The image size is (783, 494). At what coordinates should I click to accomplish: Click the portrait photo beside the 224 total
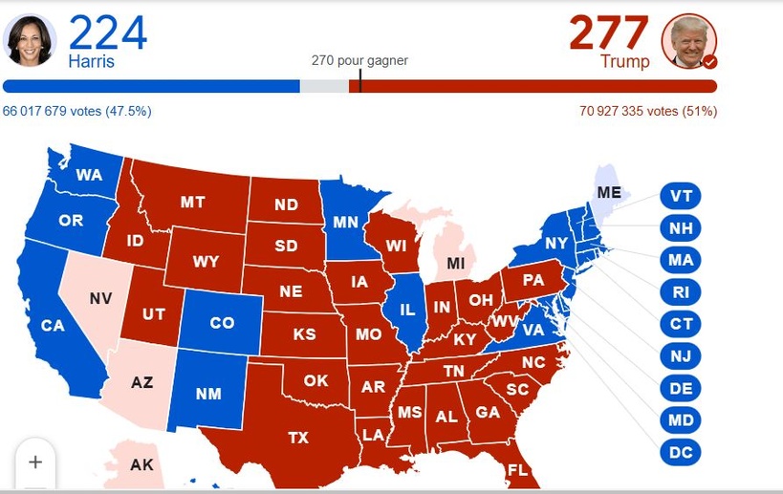point(30,40)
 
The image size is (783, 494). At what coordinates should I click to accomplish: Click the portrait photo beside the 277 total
point(688,41)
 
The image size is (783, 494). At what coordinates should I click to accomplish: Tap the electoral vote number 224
point(107,33)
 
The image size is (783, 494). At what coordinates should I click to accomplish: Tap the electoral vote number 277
point(609,33)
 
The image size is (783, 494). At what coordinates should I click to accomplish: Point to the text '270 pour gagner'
point(359,60)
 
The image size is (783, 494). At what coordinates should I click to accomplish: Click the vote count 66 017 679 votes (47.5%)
point(76,111)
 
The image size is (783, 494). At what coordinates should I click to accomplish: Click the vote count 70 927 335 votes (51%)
point(648,111)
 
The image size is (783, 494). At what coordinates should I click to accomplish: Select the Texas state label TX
point(298,437)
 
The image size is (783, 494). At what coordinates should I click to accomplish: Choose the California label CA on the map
point(53,326)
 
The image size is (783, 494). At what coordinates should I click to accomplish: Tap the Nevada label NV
point(100,298)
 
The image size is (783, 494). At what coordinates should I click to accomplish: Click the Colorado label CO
point(222,323)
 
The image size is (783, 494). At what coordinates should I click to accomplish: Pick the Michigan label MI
point(456,263)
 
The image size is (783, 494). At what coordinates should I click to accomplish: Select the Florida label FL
point(517,470)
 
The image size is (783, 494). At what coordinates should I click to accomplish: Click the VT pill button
point(681,197)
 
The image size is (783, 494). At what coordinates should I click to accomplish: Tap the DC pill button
point(681,452)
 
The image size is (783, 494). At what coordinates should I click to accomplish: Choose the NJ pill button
point(681,356)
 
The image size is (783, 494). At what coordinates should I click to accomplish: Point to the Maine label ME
point(609,192)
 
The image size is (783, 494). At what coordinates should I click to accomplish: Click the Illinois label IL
point(406,310)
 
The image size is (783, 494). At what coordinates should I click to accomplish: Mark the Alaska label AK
point(141,465)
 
